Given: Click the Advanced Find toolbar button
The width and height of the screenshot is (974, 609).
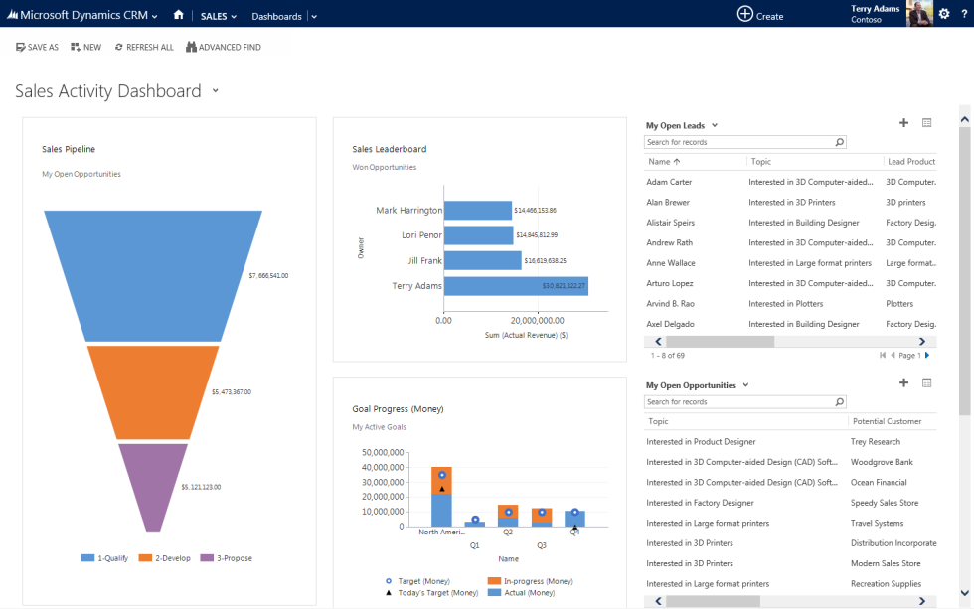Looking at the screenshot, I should [224, 47].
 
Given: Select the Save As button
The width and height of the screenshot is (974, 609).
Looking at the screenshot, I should [38, 47].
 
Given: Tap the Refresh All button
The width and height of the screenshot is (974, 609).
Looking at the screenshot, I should [144, 47].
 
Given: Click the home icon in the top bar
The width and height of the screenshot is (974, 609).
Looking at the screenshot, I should [178, 15].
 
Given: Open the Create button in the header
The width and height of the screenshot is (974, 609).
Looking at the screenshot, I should [759, 15].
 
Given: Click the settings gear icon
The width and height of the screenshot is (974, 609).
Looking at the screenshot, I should [944, 14].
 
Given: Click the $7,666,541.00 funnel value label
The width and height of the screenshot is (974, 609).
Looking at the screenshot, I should [268, 275].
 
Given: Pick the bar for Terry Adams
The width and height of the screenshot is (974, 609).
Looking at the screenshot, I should [516, 286].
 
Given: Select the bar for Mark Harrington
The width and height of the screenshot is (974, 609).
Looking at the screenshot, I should [477, 210].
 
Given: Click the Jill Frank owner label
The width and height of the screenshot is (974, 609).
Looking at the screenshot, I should [424, 260].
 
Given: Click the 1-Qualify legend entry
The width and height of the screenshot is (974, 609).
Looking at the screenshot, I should [105, 558].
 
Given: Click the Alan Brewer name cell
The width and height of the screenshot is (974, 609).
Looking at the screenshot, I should [668, 202].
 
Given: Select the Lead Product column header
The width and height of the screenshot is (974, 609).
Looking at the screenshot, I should [910, 161].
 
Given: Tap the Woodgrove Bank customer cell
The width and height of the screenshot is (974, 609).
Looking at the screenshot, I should [882, 462].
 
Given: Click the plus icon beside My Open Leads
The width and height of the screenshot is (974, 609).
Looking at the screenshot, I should [903, 123].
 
